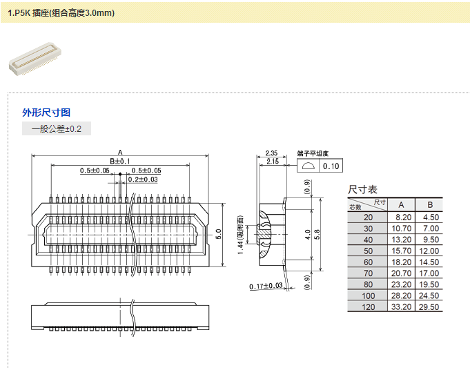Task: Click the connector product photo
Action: point(32,59)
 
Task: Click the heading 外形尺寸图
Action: point(46,113)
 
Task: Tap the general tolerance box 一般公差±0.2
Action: point(57,128)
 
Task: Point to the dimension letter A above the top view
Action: point(120,153)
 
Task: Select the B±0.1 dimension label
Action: point(120,161)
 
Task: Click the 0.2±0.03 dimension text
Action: point(142,180)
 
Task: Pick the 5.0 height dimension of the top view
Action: point(218,233)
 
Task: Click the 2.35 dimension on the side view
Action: point(271,153)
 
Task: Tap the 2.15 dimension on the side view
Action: point(271,161)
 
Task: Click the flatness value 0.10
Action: point(331,166)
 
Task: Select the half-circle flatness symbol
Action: point(308,166)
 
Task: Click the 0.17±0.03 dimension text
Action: point(266,285)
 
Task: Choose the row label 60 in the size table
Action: point(368,262)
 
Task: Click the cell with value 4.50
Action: point(429,217)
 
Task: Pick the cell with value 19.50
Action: point(429,284)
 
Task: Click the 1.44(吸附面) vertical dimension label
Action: point(241,233)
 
